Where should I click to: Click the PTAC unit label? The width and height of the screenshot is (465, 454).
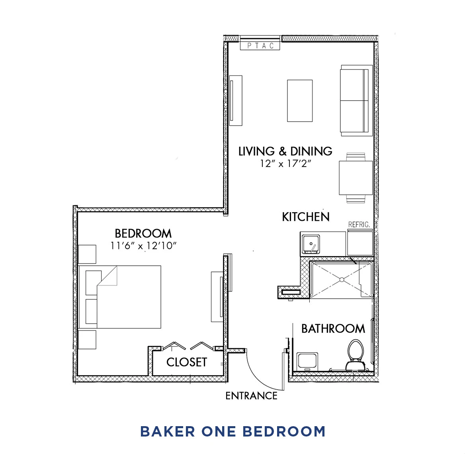pyautogui.click(x=260, y=46)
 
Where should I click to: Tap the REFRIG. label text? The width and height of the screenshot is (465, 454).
pyautogui.click(x=359, y=225)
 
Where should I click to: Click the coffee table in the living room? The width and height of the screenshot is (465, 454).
pyautogui.click(x=300, y=101)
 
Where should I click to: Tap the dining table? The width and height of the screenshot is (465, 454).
pyautogui.click(x=356, y=178)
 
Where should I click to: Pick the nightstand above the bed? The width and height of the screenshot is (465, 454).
pyautogui.click(x=87, y=254)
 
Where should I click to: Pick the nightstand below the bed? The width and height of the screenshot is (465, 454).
pyautogui.click(x=87, y=340)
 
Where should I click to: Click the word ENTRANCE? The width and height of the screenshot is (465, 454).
pyautogui.click(x=251, y=396)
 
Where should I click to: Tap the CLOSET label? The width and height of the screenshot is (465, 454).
pyautogui.click(x=187, y=362)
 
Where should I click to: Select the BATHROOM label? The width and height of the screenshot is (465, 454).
pyautogui.click(x=333, y=329)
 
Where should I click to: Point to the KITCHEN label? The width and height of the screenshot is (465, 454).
pyautogui.click(x=306, y=217)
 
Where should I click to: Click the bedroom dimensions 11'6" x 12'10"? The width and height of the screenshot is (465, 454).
pyautogui.click(x=143, y=246)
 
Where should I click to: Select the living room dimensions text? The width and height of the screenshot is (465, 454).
pyautogui.click(x=285, y=163)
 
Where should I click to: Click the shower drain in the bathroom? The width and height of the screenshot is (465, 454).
pyautogui.click(x=342, y=279)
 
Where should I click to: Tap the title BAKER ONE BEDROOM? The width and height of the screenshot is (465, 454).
pyautogui.click(x=232, y=431)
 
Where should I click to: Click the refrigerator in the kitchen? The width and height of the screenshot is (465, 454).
pyautogui.click(x=360, y=243)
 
